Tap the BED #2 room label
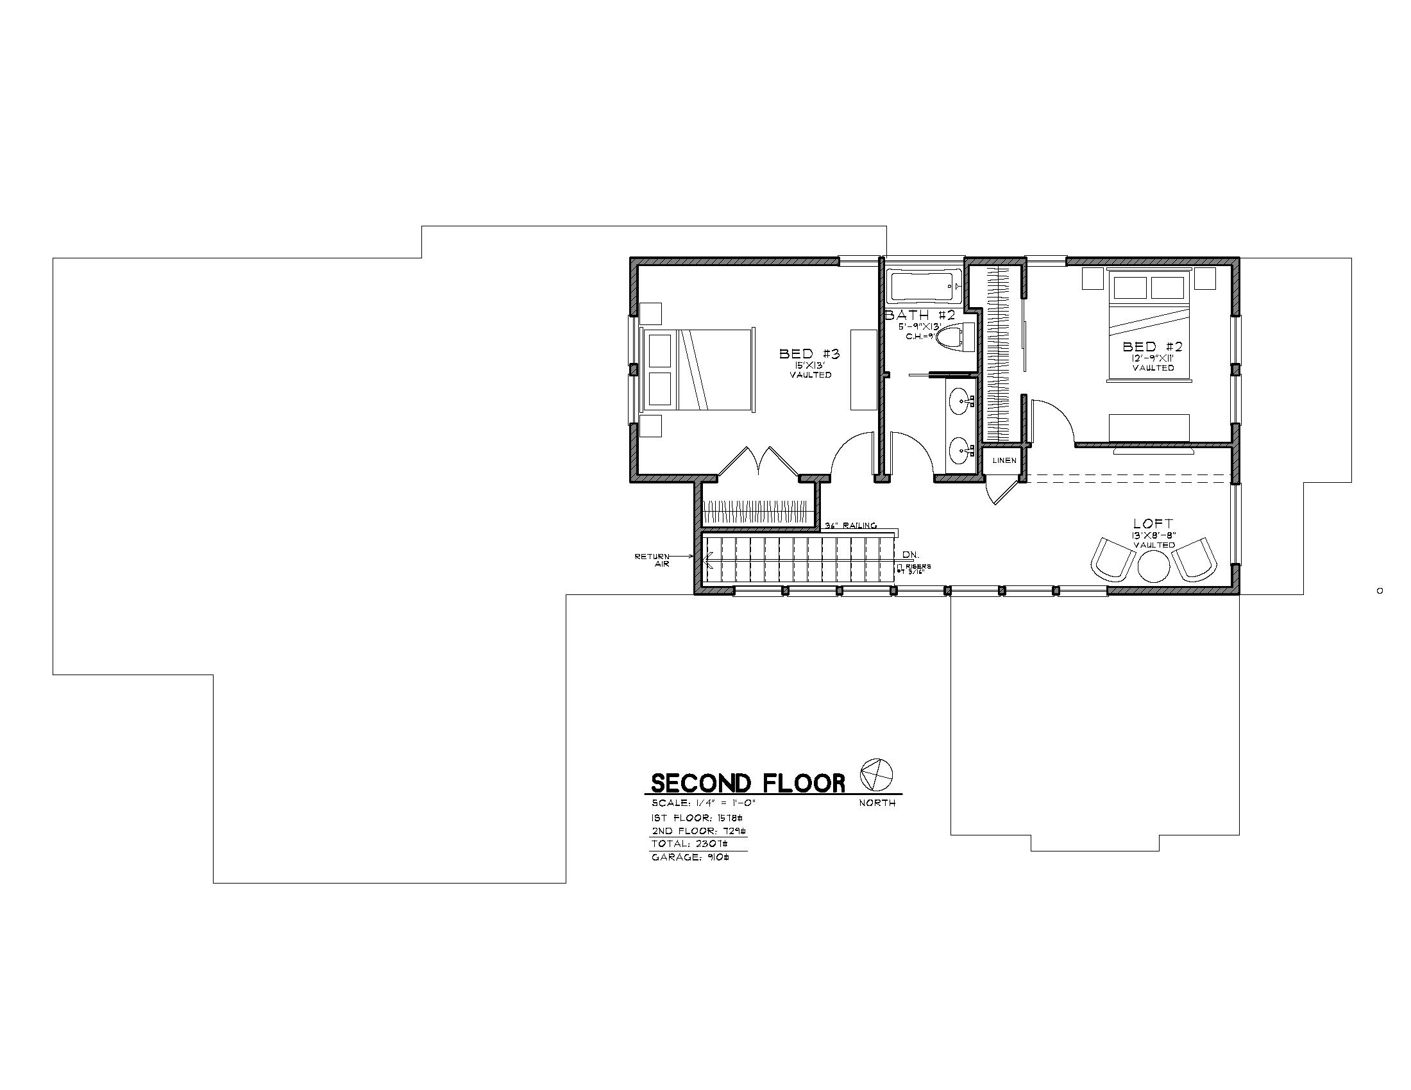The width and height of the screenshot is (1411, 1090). (1153, 347)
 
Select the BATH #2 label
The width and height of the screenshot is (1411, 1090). (919, 315)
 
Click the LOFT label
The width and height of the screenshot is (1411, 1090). (1153, 524)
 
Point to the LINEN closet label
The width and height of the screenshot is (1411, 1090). (1004, 460)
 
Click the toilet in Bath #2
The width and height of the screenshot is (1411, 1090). (949, 337)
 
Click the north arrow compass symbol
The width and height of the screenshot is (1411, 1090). (877, 775)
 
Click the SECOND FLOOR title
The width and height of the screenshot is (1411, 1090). (747, 784)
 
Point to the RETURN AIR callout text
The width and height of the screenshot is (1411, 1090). (652, 560)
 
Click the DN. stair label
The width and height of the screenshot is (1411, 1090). (911, 555)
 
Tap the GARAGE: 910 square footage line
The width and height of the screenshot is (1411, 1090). (690, 857)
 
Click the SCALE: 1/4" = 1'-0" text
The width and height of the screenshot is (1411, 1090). (703, 803)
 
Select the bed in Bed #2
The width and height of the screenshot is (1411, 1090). (1149, 326)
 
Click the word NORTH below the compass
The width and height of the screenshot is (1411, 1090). (877, 803)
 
